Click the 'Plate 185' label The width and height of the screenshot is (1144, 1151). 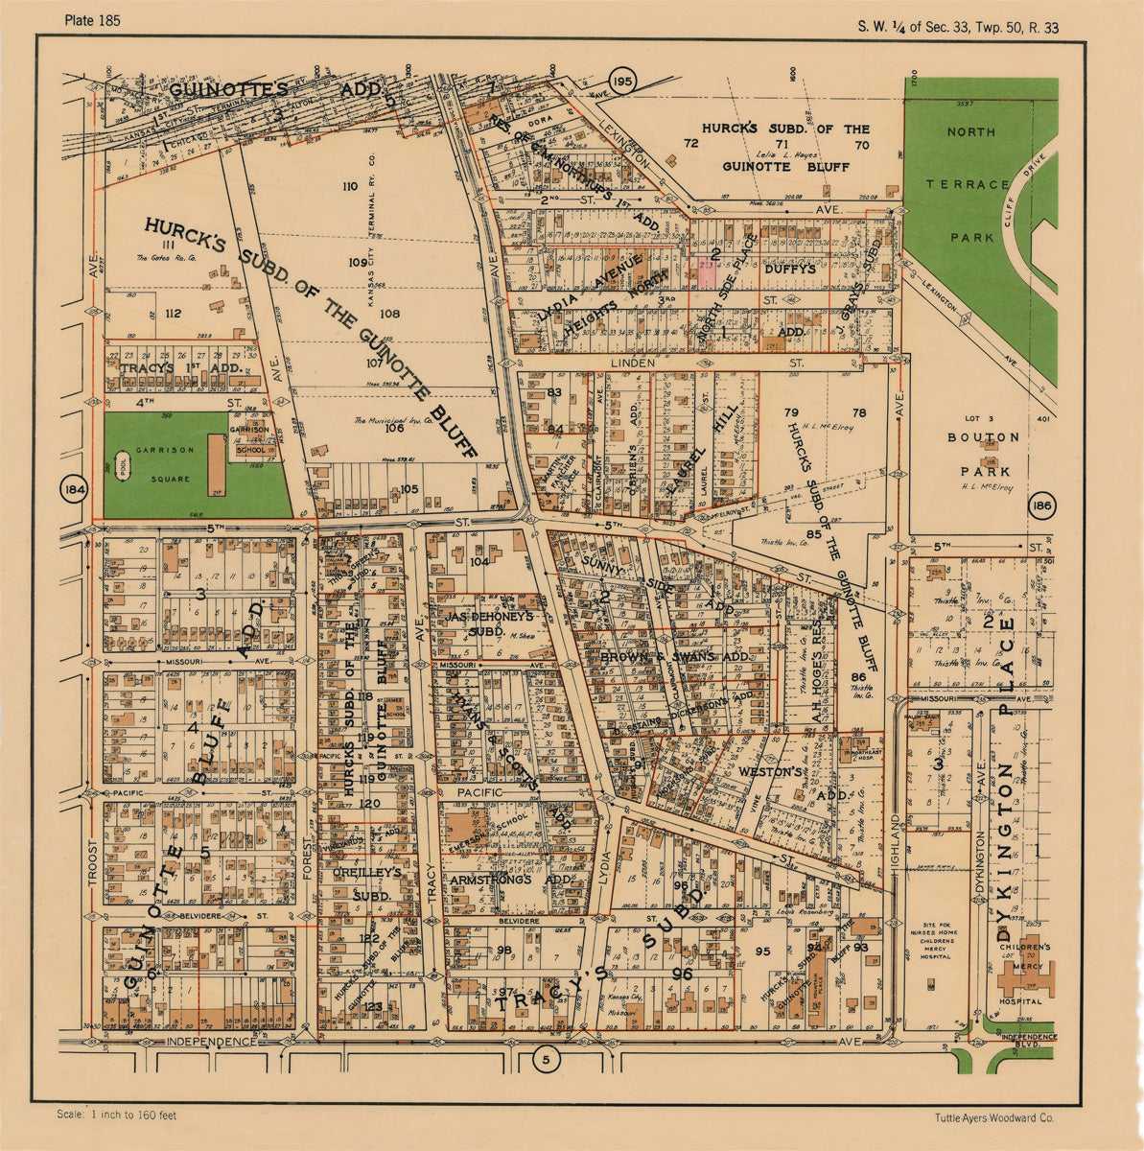coord(93,20)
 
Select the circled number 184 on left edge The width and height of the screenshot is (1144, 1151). coord(73,490)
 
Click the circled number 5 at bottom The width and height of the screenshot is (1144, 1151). coord(546,1059)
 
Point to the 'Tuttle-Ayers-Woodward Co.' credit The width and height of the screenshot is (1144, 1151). coord(994,1117)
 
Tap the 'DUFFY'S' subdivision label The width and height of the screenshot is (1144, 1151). coord(790,270)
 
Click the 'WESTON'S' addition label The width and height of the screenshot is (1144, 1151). coord(769,771)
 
